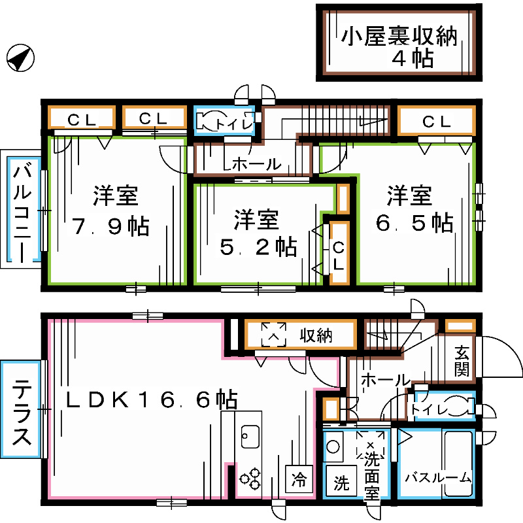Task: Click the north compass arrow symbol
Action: (x=20, y=58)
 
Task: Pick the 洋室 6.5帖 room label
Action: (x=413, y=209)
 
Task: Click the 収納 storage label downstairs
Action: (x=316, y=336)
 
